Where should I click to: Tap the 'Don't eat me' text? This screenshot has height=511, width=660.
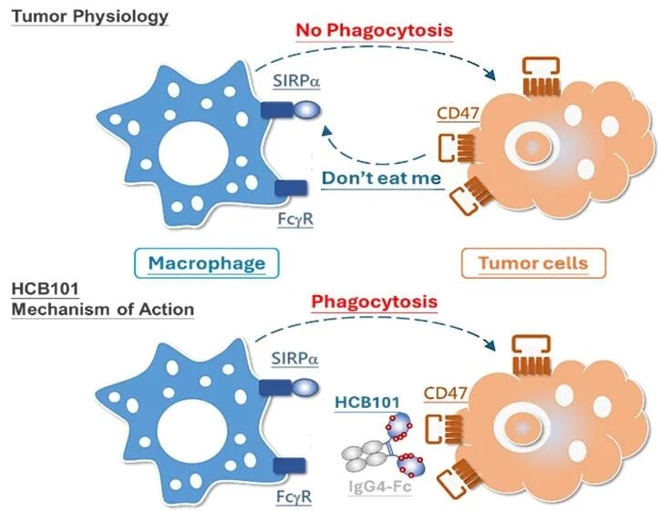coord(381,178)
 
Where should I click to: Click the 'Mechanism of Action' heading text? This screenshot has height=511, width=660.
coord(103,309)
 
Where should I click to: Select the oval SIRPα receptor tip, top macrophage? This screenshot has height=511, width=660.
coord(307,109)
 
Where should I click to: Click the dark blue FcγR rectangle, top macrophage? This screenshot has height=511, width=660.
coord(292,189)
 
